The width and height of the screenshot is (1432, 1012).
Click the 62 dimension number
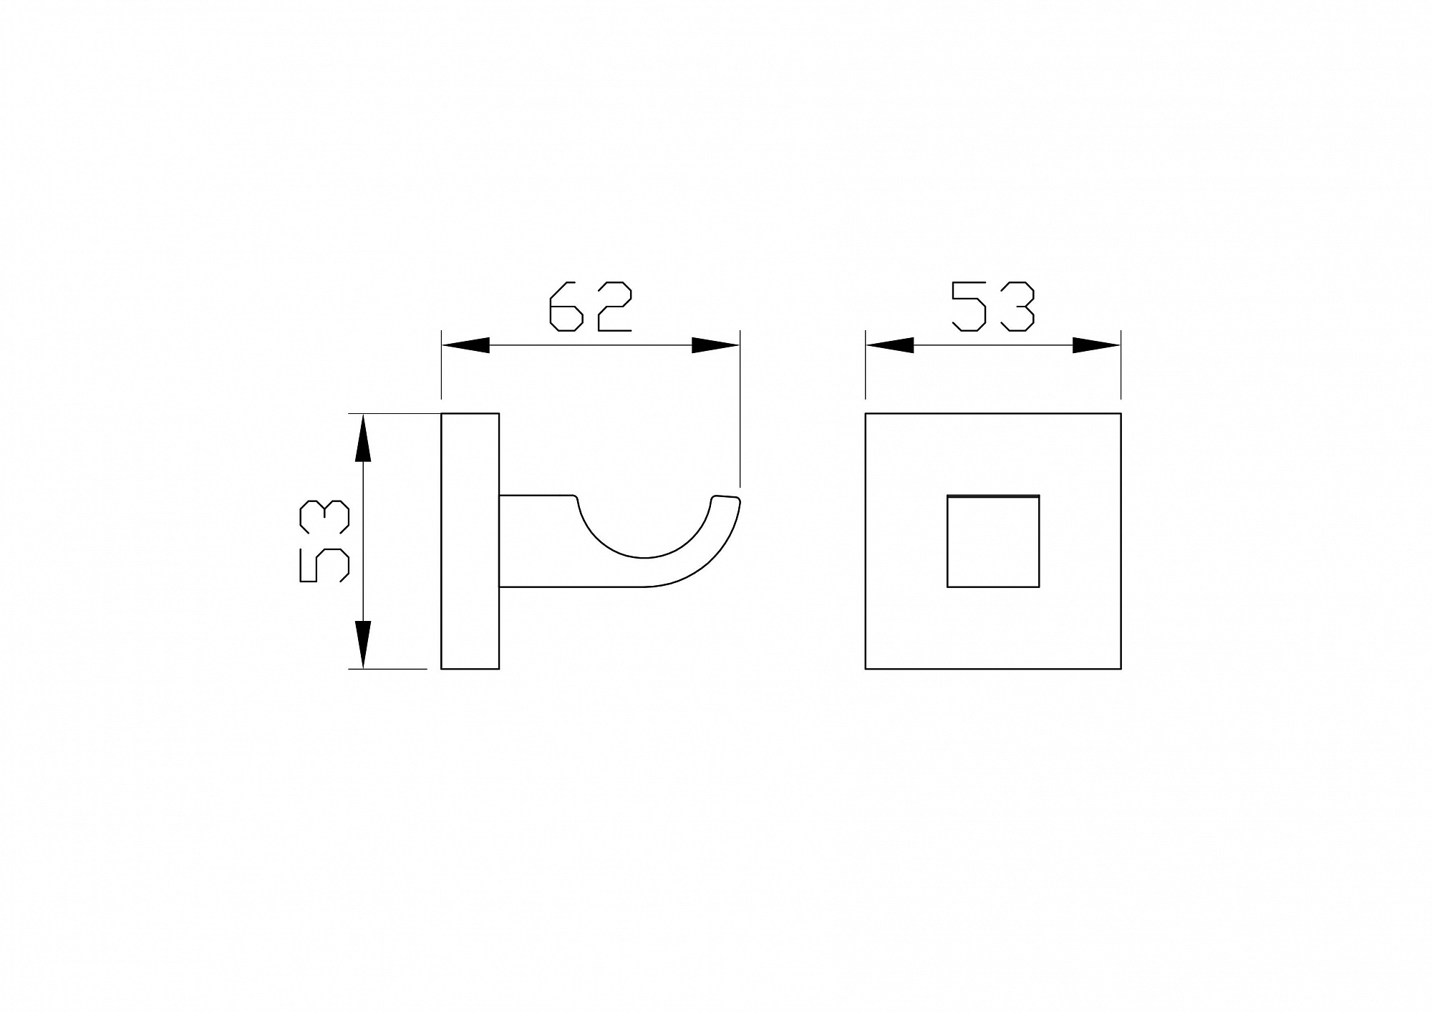point(590,307)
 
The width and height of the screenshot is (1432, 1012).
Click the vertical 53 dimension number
point(324,541)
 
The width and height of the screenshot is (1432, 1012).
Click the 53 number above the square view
point(993,307)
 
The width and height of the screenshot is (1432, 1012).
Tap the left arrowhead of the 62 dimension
point(465,345)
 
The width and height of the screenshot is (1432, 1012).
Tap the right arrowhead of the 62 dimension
point(715,345)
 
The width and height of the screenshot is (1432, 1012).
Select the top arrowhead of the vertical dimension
point(364,438)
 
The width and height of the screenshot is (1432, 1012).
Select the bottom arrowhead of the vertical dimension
point(364,645)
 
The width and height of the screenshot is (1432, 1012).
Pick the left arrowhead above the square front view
point(890,345)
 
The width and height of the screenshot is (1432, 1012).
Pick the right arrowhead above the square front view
point(1096,345)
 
